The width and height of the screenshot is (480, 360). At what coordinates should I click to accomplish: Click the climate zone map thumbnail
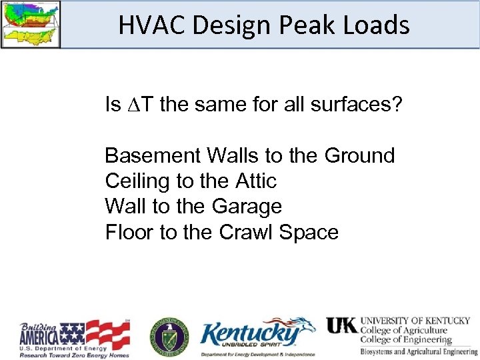coord(30,24)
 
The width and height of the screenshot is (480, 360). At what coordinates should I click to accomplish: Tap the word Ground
coord(359,155)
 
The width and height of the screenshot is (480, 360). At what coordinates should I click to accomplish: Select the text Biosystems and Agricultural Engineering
coord(419,351)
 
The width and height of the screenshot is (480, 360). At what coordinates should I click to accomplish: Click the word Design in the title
coord(225,25)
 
